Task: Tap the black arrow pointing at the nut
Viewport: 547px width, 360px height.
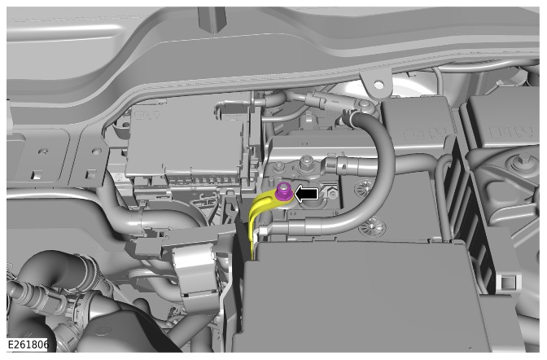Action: [307, 194]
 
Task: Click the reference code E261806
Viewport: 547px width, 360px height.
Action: [27, 345]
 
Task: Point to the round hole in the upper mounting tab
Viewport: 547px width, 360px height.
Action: [379, 84]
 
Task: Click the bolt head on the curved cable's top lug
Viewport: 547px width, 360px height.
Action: [365, 104]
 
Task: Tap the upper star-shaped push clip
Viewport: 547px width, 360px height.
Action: [363, 188]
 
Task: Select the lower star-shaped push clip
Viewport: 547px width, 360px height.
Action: [373, 226]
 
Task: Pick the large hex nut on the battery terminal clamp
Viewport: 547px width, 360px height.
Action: [305, 162]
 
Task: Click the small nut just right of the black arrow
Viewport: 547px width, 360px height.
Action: [331, 193]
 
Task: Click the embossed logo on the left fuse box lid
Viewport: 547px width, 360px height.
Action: [147, 115]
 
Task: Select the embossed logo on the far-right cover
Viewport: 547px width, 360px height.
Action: [510, 132]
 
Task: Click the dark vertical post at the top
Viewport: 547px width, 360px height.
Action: [212, 20]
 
